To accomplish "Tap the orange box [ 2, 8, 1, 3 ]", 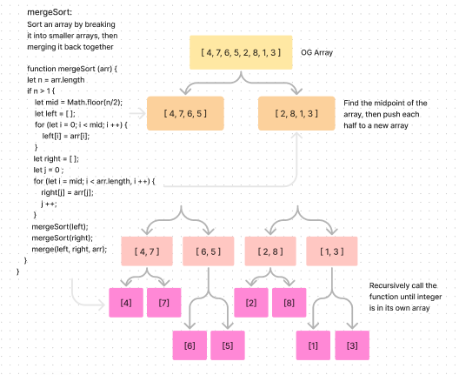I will (296, 114).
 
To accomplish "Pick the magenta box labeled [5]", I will (227, 345).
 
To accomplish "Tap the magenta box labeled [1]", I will (313, 345).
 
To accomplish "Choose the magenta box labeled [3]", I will (352, 345).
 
